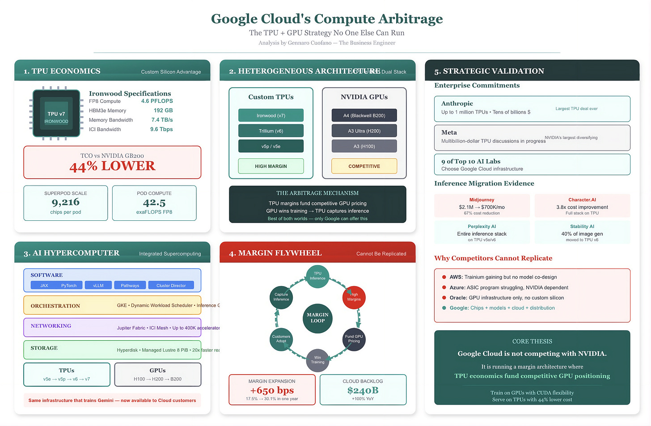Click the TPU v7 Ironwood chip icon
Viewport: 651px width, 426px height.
(x=56, y=114)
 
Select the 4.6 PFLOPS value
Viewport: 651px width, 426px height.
(x=157, y=101)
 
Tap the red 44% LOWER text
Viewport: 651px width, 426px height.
(x=112, y=166)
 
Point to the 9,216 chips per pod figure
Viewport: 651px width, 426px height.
(x=66, y=202)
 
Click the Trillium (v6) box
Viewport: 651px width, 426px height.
(x=271, y=131)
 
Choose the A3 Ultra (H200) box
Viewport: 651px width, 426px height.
(x=364, y=131)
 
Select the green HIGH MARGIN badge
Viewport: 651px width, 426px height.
(x=271, y=166)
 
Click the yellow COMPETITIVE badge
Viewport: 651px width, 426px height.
(x=364, y=166)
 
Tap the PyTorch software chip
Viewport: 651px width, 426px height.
(x=69, y=286)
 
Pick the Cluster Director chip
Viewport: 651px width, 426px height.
(x=171, y=286)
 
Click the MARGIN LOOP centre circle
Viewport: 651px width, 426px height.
(x=317, y=317)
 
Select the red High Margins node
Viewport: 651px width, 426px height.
(x=354, y=297)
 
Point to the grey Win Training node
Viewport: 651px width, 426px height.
(x=317, y=360)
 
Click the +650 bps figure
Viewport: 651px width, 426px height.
(x=272, y=390)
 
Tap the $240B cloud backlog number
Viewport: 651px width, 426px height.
(x=363, y=390)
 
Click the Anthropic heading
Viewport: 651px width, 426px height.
(x=457, y=104)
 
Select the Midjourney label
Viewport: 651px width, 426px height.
(x=482, y=200)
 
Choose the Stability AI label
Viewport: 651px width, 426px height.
(x=582, y=227)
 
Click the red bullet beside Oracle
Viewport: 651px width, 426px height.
(x=444, y=298)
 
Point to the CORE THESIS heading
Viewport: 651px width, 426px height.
(x=532, y=342)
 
